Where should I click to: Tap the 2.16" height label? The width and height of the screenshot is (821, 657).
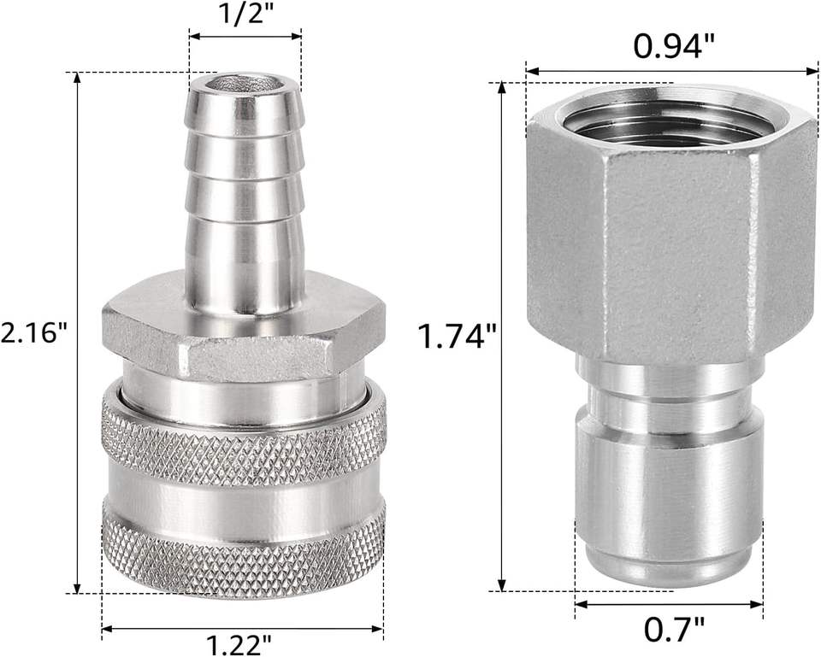[35, 331]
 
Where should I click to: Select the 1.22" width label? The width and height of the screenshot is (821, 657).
[239, 645]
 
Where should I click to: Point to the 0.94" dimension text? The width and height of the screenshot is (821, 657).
[674, 46]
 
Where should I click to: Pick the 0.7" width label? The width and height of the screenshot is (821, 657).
[674, 630]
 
